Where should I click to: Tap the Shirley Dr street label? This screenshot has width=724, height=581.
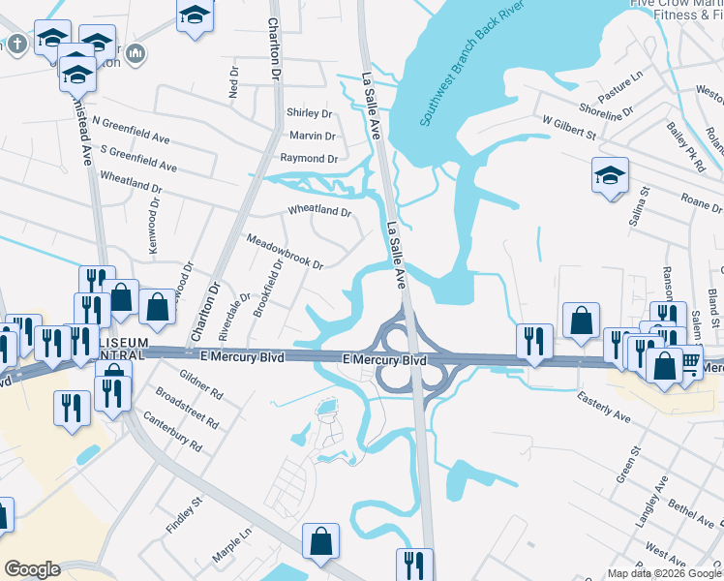tap(310, 113)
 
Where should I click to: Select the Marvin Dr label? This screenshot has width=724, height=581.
tap(312, 137)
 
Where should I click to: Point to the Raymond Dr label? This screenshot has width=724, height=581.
tap(309, 159)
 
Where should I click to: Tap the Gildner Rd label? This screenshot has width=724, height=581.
tap(201, 387)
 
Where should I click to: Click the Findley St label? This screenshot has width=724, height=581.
tap(184, 514)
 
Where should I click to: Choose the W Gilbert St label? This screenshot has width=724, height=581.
tap(568, 129)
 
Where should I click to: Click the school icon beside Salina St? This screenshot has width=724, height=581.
tap(609, 175)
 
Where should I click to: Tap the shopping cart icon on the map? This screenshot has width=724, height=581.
tap(689, 362)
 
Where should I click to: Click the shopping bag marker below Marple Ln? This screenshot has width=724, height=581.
tap(320, 541)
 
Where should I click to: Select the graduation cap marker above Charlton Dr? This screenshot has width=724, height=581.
tap(195, 15)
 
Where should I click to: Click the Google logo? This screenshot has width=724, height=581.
tap(33, 569)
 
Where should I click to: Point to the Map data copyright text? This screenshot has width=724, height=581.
tap(663, 573)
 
